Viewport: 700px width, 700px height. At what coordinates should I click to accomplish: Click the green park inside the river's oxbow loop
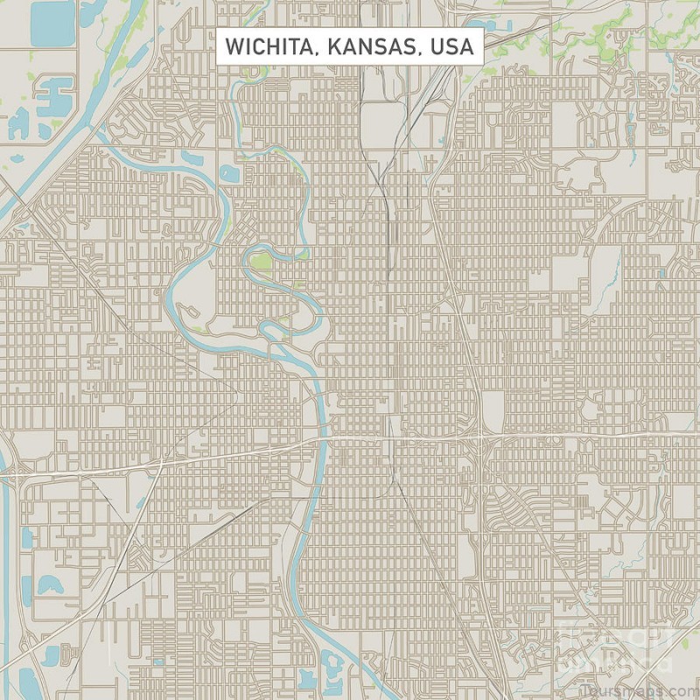click(260, 261)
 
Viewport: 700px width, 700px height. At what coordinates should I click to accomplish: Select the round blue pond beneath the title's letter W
click(229, 173)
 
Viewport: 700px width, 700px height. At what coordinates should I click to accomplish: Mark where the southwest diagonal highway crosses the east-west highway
click(161, 458)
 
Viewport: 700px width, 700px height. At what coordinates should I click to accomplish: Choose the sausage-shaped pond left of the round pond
click(193, 158)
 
